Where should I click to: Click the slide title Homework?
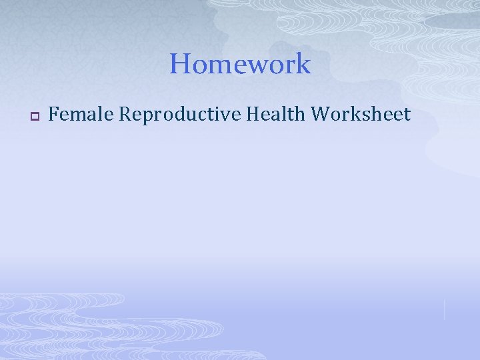point(240,64)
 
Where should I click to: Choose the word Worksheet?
point(361,115)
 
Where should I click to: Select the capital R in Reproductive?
point(125,115)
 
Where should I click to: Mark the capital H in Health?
point(253,115)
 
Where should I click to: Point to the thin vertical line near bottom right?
point(444,309)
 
